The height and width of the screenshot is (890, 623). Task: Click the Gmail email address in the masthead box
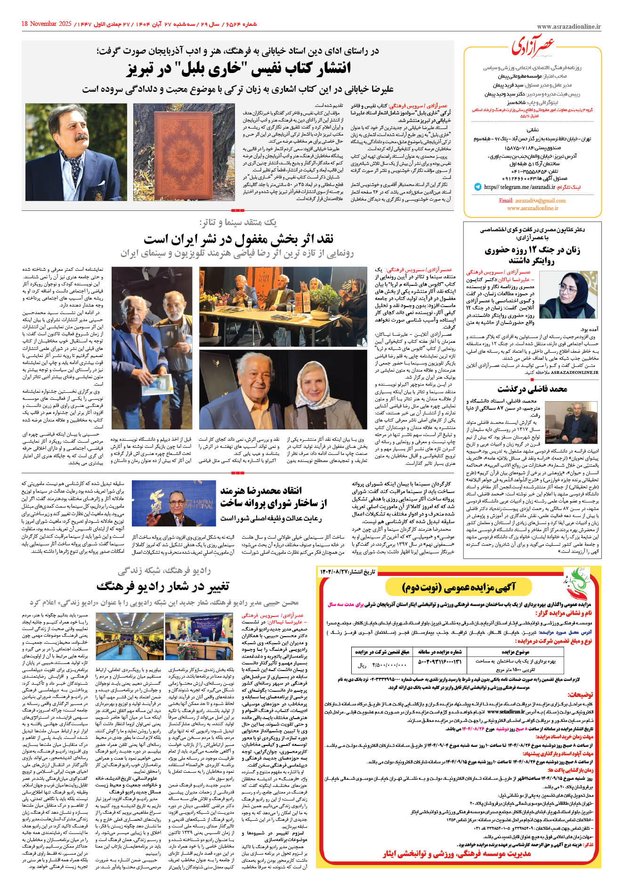click(532, 201)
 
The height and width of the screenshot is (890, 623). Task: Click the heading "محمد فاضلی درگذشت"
click(532, 389)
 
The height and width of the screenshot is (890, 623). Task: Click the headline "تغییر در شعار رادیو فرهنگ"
click(162, 586)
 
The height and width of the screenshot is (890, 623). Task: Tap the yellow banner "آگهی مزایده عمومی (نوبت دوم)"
click(459, 587)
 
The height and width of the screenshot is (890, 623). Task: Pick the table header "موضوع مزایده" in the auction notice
click(515, 652)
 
